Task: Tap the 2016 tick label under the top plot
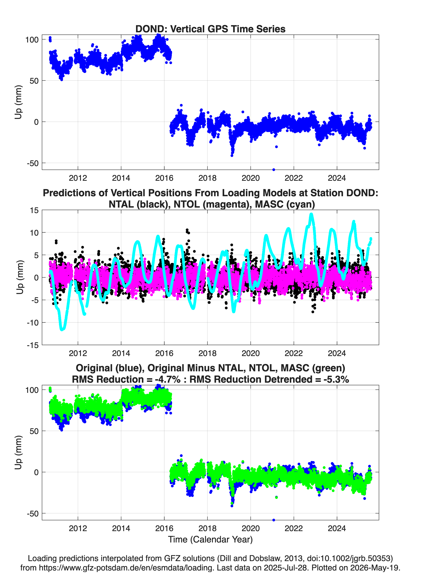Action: [x=164, y=178]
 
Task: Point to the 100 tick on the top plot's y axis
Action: [x=32, y=40]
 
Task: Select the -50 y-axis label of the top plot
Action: [x=33, y=163]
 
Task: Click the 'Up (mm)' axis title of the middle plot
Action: [x=20, y=277]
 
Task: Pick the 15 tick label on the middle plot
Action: [x=34, y=210]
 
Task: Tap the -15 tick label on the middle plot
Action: [x=33, y=345]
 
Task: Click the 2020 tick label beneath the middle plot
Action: [x=251, y=353]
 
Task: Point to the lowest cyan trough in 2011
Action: [x=62, y=329]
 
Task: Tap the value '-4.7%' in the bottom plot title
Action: [x=168, y=379]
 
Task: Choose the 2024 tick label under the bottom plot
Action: [x=337, y=528]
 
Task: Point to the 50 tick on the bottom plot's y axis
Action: [x=34, y=431]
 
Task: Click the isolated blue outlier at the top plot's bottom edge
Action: [x=274, y=170]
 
